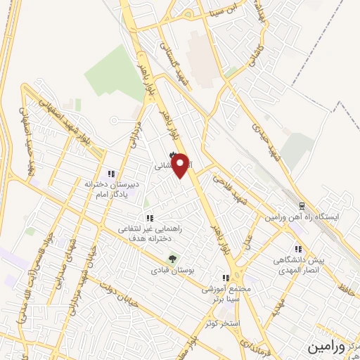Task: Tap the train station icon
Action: pos(302,207)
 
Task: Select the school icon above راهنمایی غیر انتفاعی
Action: pos(148,218)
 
